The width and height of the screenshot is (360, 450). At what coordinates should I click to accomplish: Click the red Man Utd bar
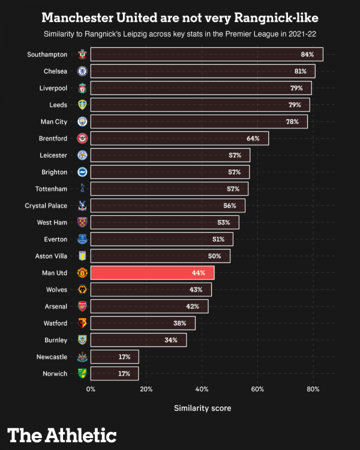tap(152, 273)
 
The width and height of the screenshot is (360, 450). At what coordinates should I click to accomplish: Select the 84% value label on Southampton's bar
tap(307, 55)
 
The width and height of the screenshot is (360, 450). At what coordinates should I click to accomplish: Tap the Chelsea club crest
tap(82, 71)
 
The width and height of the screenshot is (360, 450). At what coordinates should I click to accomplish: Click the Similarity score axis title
tap(202, 409)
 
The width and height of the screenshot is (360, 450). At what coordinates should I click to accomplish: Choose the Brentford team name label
tap(53, 139)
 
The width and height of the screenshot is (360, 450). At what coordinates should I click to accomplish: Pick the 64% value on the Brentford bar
tap(253, 139)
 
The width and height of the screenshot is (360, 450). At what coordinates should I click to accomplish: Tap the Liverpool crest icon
tap(82, 88)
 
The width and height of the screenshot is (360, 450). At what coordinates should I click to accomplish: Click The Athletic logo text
tap(62, 434)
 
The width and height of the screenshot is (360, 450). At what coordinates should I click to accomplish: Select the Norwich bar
tap(115, 374)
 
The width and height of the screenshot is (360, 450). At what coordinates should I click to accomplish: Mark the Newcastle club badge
tap(82, 357)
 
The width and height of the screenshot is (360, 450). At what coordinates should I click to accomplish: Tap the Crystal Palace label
tap(46, 206)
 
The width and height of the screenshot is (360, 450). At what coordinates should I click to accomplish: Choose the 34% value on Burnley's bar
tap(171, 340)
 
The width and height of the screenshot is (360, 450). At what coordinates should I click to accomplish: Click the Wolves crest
tap(82, 290)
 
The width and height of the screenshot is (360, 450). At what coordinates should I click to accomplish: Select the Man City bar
tap(199, 122)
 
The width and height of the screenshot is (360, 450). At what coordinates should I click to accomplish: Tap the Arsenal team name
tap(56, 307)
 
